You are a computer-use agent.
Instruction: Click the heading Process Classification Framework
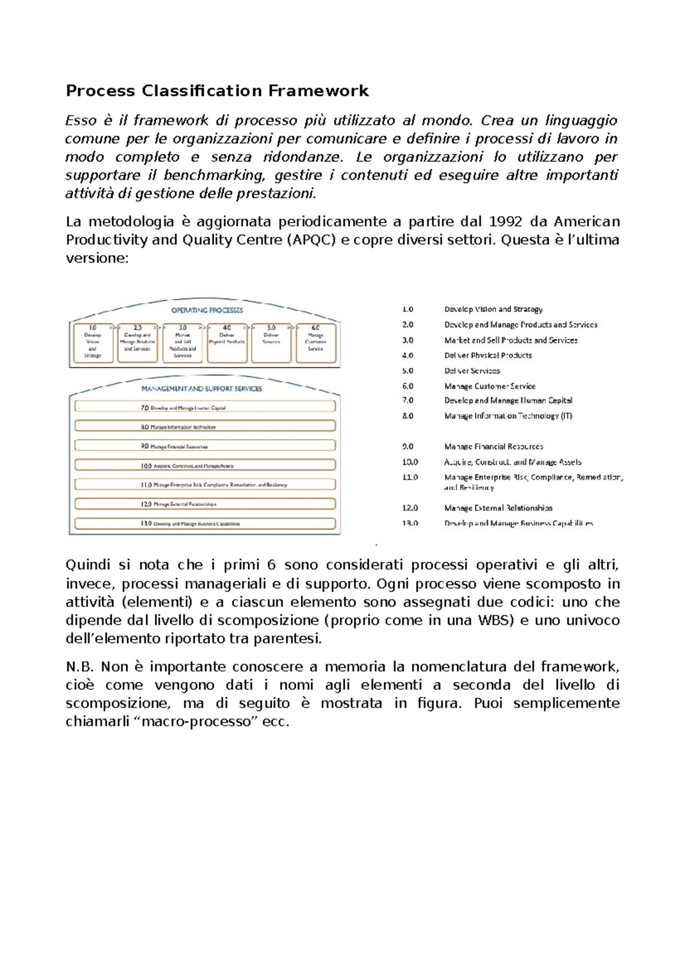tap(217, 91)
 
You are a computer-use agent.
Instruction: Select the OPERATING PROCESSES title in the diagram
tap(207, 310)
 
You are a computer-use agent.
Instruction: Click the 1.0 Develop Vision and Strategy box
tap(92, 342)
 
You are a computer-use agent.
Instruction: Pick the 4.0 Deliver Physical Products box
tap(227, 342)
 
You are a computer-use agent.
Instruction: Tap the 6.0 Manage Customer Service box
tap(316, 342)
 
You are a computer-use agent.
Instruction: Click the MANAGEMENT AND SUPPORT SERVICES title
tap(202, 389)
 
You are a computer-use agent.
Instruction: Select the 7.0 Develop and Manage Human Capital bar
tap(205, 407)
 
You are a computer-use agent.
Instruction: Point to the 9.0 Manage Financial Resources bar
tap(205, 446)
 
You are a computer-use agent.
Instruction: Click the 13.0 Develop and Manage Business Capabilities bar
tap(205, 523)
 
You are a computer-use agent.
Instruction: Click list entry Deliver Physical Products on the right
tap(488, 356)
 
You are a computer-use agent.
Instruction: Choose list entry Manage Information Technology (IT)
tap(508, 416)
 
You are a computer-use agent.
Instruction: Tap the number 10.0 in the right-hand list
tap(410, 462)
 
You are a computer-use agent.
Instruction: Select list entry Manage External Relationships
tap(498, 508)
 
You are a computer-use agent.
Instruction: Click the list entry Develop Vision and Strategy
tap(493, 309)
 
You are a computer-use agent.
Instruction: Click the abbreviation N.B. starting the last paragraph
tap(79, 667)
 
